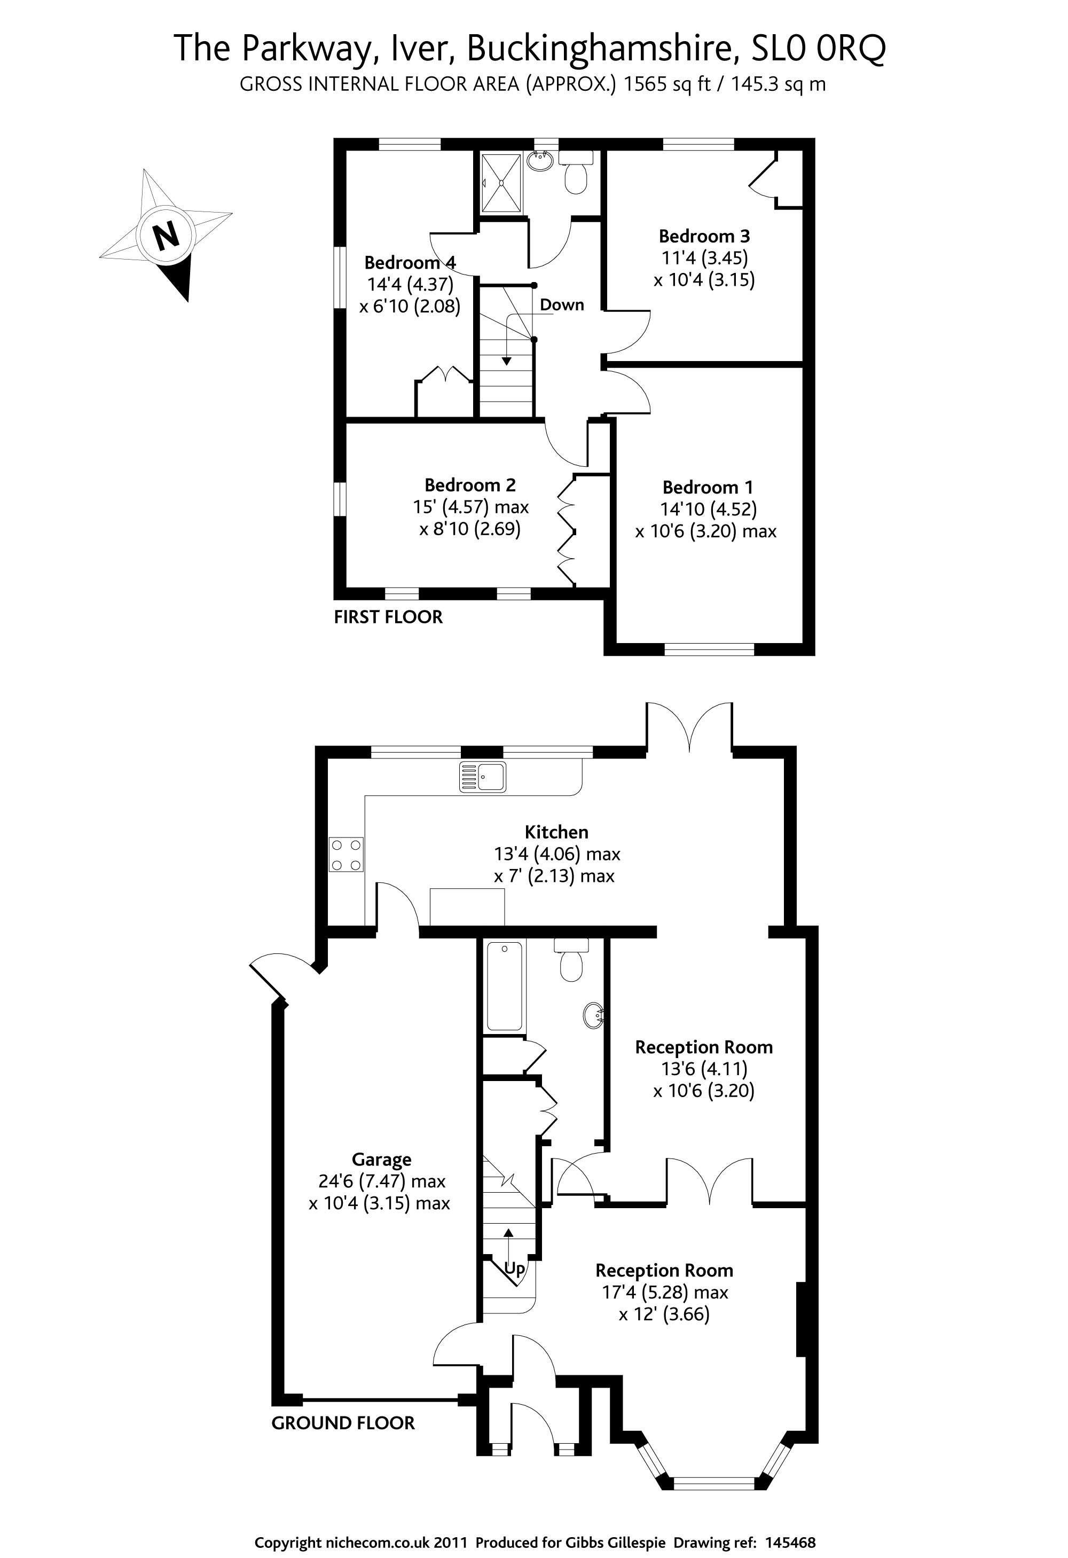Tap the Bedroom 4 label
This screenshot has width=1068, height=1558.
coord(410,262)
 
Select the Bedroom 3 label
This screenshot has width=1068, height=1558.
coord(704,236)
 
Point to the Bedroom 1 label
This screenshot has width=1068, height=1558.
coord(708,488)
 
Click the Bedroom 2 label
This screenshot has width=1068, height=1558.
coord(470,484)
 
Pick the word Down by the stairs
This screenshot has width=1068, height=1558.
coord(562,305)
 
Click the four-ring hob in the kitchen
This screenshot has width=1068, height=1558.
coord(346,855)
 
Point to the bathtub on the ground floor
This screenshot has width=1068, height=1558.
coord(504,986)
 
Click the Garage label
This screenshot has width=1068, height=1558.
coord(381,1159)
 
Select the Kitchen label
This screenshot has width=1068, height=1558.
coord(556,832)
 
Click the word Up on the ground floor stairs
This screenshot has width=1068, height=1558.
coord(514,1269)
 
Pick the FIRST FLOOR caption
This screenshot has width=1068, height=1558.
coord(388,617)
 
